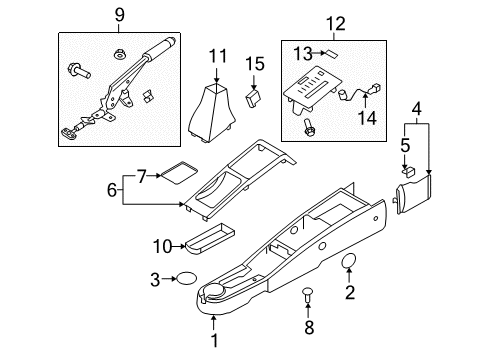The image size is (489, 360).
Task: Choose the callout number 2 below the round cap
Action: coord(350,292)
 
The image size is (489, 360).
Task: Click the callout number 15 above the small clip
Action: coord(256,64)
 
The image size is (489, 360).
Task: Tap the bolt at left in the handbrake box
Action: coord(78,71)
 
